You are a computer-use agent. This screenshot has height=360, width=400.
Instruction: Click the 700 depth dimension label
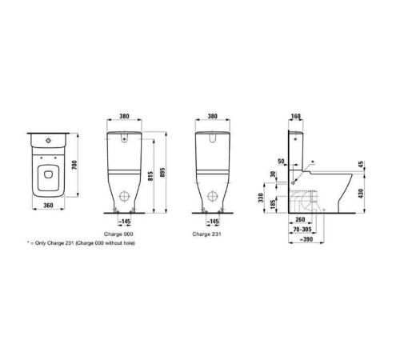(74, 166)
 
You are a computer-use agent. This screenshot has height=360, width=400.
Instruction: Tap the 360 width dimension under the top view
(48, 206)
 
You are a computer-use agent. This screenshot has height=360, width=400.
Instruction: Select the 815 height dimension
(150, 176)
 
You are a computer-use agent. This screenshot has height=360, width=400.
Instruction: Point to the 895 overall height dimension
(163, 173)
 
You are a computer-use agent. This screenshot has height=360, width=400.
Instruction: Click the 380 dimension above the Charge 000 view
(124, 116)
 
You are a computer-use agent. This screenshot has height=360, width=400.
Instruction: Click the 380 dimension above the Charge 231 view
(213, 116)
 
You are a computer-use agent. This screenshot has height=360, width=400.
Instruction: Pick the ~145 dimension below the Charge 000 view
(124, 222)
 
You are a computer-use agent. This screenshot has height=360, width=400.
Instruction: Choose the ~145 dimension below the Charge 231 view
(213, 222)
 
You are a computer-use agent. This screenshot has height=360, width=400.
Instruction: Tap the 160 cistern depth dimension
(296, 116)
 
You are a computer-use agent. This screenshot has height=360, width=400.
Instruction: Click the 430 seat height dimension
(361, 194)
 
